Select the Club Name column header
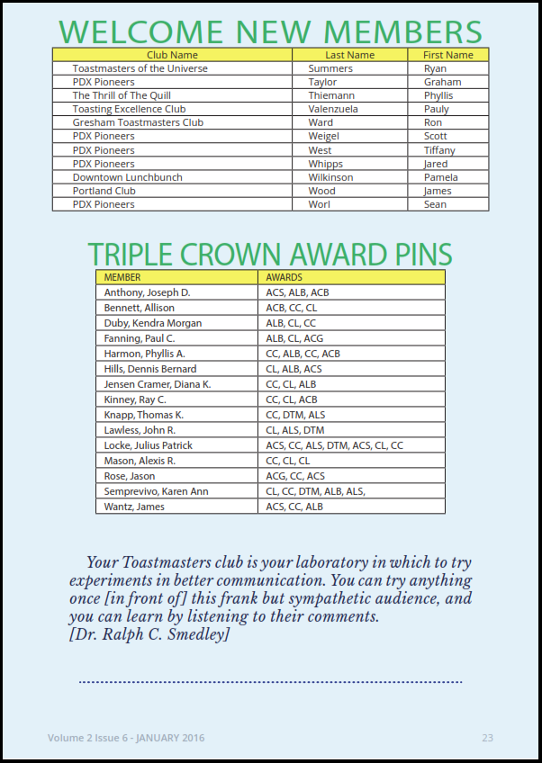click(x=172, y=55)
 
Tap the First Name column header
click(x=447, y=55)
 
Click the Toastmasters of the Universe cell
click(x=140, y=68)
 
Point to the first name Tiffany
click(x=439, y=150)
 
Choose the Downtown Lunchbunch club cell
click(x=127, y=177)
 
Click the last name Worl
click(x=319, y=204)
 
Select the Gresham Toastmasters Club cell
click(x=138, y=122)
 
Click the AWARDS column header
click(x=284, y=277)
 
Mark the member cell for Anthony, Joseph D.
click(x=147, y=292)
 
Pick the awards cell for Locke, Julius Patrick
click(x=334, y=445)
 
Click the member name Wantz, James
click(x=134, y=507)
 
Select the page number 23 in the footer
click(x=487, y=738)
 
